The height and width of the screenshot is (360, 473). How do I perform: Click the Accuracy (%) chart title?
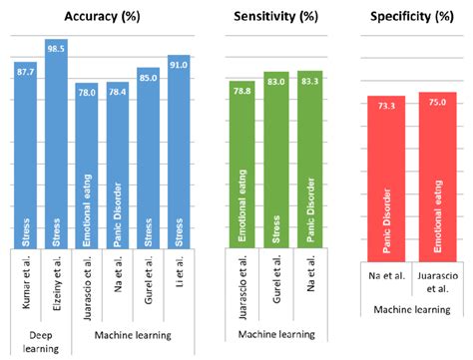coord(102,18)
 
